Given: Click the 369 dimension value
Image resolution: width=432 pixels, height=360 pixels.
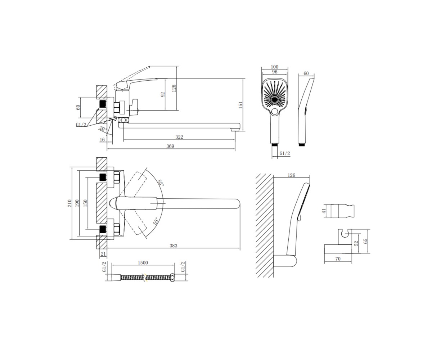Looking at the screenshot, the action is pyautogui.click(x=170, y=146).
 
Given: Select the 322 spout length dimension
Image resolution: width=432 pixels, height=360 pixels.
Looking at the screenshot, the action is pyautogui.click(x=179, y=137).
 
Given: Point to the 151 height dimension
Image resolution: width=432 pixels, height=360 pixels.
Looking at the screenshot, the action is pyautogui.click(x=240, y=105).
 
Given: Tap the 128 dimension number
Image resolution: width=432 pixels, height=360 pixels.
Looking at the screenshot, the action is pyautogui.click(x=174, y=88).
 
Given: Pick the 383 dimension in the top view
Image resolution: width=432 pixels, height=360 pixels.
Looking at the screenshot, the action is pyautogui.click(x=174, y=246).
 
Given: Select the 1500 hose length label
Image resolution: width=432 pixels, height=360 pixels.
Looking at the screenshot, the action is pyautogui.click(x=143, y=263).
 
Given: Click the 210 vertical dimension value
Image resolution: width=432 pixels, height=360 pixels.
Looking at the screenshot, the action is pyautogui.click(x=69, y=203).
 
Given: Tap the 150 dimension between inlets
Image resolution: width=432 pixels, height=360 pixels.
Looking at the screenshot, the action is pyautogui.click(x=85, y=203).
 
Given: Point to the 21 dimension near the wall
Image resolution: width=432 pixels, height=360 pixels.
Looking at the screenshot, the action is pyautogui.click(x=103, y=254).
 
